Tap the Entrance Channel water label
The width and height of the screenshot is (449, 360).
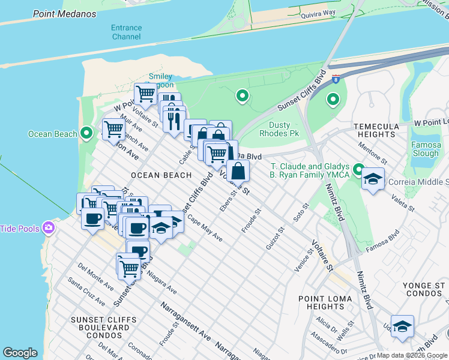126,32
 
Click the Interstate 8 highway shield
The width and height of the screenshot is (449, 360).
337,78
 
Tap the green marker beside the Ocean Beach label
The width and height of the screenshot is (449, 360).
86,133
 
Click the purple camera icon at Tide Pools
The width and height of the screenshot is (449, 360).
49,228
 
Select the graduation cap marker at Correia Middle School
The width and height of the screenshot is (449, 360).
373,179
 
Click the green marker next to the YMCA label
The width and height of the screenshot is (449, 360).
359,170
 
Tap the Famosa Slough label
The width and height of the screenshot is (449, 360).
426,149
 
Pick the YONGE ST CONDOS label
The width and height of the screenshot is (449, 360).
424,289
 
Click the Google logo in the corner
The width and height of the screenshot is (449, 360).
20,353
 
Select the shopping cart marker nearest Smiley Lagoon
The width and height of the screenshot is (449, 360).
145,94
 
